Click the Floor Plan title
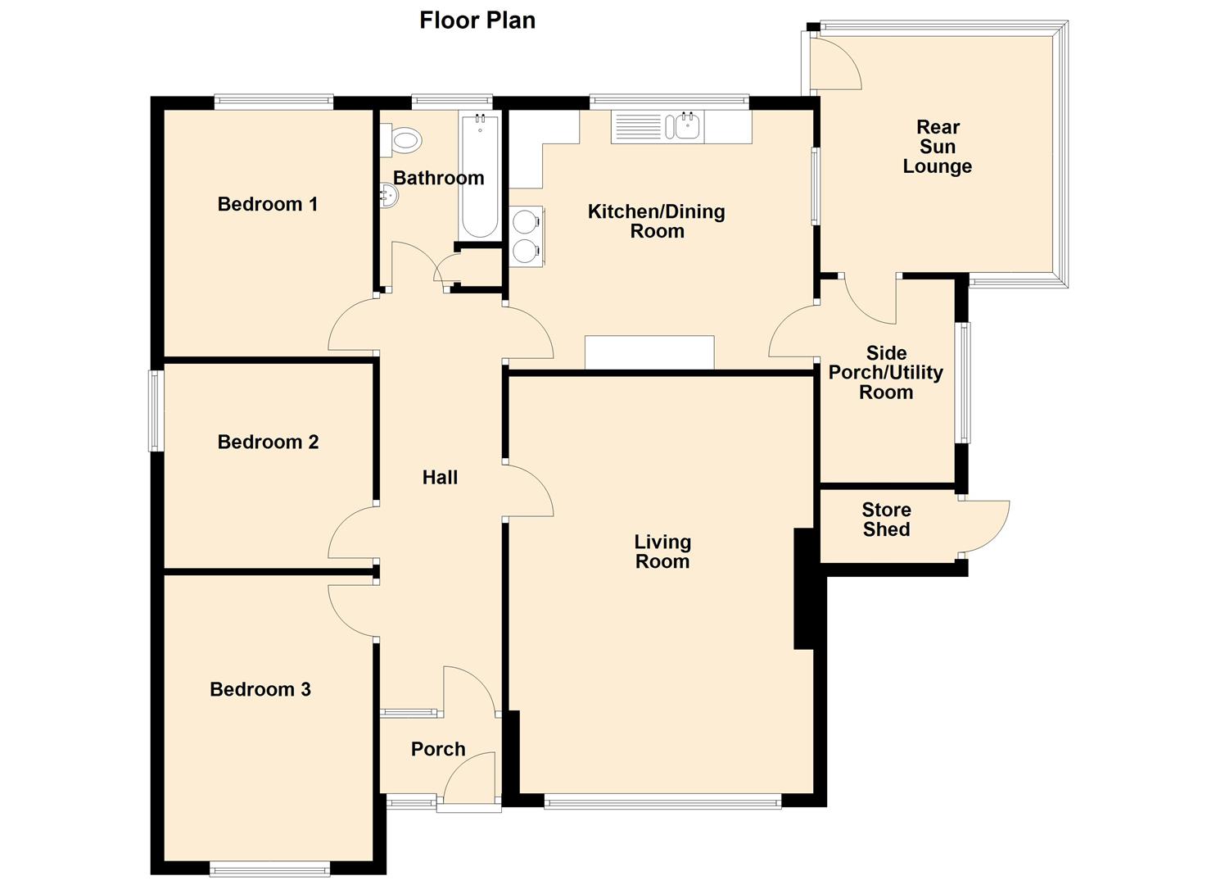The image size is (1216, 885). point(477,20)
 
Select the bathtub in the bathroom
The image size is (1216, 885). point(478,176)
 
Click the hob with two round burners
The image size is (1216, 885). point(526,235)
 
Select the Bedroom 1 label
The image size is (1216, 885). point(267,204)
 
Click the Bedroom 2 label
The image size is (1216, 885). point(268,442)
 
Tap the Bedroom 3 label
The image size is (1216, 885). point(260,689)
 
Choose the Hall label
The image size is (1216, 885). point(440,478)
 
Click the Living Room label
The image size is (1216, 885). point(662,551)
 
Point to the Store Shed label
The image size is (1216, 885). point(886,520)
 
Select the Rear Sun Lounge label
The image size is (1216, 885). point(938,147)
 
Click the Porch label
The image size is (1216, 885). point(438,749)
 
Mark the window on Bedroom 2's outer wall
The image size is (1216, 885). point(156,411)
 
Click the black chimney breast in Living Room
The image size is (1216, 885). point(804,588)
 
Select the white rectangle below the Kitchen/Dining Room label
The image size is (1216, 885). point(649,352)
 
